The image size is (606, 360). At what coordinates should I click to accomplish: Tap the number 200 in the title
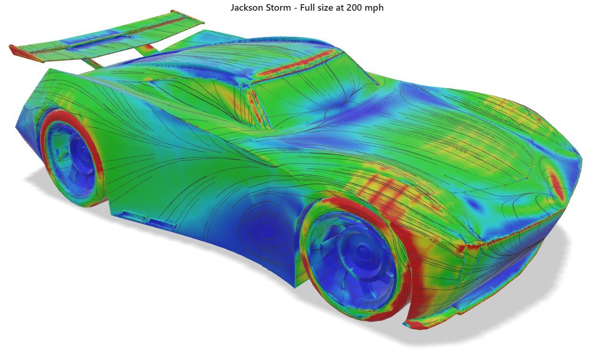(355, 7)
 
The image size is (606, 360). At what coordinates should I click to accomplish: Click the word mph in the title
(375, 8)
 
